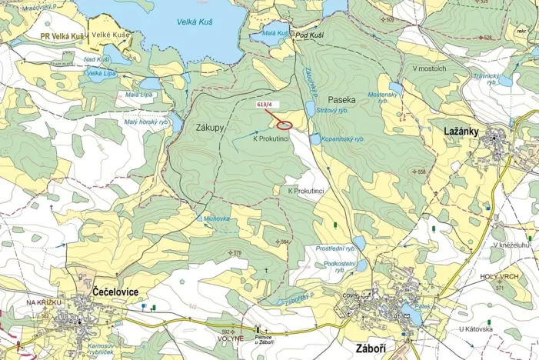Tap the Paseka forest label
click(341, 100)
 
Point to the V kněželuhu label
click(511, 245)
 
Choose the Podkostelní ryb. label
click(334, 266)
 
